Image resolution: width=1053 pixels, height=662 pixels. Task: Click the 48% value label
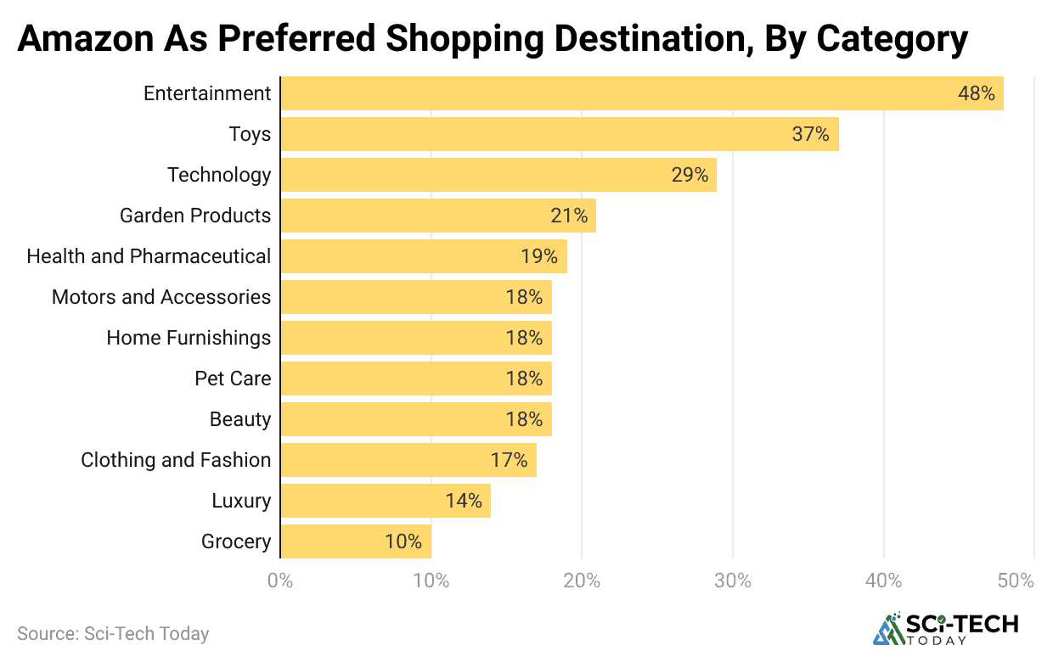pos(976,93)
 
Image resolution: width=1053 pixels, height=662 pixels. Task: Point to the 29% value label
pos(689,175)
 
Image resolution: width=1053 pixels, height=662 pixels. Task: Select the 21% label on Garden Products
pos(568,216)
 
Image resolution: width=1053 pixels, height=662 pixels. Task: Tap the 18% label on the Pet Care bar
pos(523,379)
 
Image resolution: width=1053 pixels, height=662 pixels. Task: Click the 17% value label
pos(509,460)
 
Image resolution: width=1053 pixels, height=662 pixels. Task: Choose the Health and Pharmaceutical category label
pos(149,256)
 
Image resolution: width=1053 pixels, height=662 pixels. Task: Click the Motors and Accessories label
pos(161,297)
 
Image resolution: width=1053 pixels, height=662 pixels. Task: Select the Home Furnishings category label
pos(189,338)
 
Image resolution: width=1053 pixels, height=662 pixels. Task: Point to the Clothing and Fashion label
pos(176,460)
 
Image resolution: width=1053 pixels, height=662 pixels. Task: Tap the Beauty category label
pos(240,419)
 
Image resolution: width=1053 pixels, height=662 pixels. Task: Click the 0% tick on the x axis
pos(280,581)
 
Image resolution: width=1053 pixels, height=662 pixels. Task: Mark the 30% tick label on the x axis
pos(733,581)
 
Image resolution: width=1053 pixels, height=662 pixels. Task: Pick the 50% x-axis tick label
pos(1016,581)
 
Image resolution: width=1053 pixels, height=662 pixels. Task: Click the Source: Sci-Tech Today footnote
pos(113,633)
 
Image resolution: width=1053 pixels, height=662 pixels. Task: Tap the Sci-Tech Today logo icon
pos(889,628)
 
